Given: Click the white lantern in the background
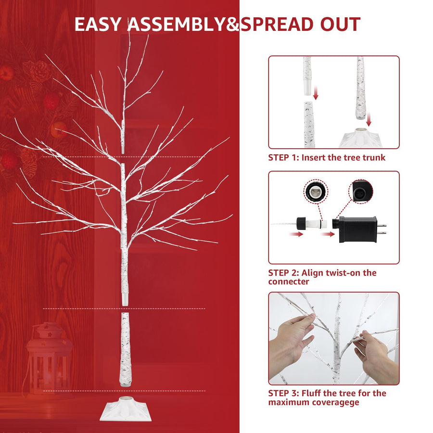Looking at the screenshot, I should [x=49, y=356].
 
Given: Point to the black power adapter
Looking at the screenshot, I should [x=358, y=228].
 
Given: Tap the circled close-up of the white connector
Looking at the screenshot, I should [x=316, y=192].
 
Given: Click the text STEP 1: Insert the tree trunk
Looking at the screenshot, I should [x=327, y=157].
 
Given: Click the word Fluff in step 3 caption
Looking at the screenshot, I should [x=312, y=393].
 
